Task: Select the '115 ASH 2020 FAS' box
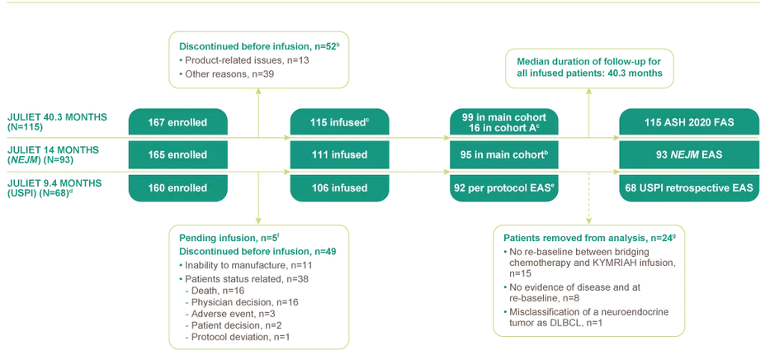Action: (x=687, y=123)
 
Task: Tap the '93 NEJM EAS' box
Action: (x=687, y=155)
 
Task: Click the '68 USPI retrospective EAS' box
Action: (x=687, y=187)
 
